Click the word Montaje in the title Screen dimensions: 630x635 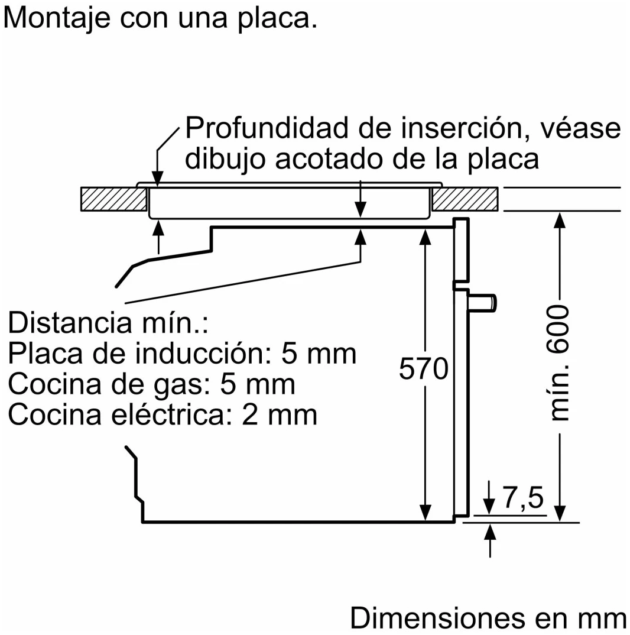(57, 19)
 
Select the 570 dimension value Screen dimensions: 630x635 (424, 368)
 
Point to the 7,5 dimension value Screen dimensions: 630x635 (523, 497)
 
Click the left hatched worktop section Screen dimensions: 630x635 (114, 199)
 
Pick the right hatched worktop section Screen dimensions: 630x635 (465, 199)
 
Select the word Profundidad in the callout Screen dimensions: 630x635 (267, 128)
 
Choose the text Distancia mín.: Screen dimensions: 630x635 (108, 323)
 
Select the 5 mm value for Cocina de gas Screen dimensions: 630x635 (258, 384)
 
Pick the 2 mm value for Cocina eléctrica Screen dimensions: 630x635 (280, 415)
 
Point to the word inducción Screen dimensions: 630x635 (204, 354)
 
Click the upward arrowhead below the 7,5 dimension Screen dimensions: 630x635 (491, 531)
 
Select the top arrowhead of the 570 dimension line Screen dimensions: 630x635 (425, 237)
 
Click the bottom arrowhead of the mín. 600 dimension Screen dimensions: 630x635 (560, 514)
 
